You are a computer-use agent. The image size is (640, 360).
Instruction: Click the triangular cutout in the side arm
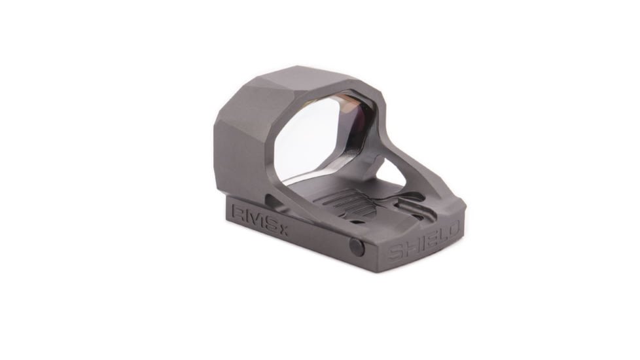click(x=399, y=171)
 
